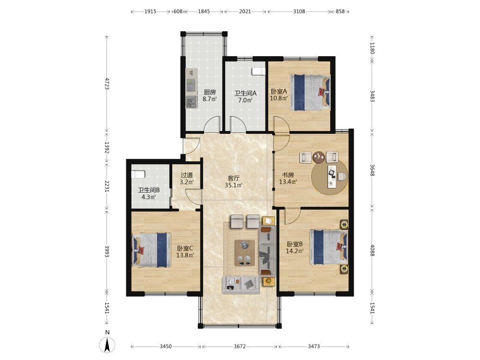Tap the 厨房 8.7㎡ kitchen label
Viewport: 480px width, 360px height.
(x=210, y=96)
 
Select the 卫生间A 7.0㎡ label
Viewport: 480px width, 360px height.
(x=245, y=96)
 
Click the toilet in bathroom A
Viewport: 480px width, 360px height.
(x=258, y=72)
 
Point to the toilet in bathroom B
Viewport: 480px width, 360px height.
(x=138, y=175)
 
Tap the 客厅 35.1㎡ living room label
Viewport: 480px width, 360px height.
(x=234, y=181)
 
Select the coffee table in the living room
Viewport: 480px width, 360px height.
(x=245, y=253)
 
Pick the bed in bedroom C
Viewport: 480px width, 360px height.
(x=151, y=250)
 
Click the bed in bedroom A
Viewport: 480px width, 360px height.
(x=311, y=92)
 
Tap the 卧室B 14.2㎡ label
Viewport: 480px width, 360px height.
(x=295, y=248)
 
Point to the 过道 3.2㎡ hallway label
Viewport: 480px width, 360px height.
(x=187, y=179)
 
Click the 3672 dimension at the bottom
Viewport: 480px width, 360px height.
(x=240, y=346)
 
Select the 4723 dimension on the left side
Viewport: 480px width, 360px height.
(x=107, y=84)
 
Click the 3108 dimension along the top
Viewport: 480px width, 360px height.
(x=299, y=12)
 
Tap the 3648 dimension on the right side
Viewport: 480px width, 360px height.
(x=372, y=170)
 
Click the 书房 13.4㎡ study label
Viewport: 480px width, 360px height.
(x=288, y=178)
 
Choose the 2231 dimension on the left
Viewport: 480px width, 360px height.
(x=107, y=186)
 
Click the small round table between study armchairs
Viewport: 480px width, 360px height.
(x=319, y=157)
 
